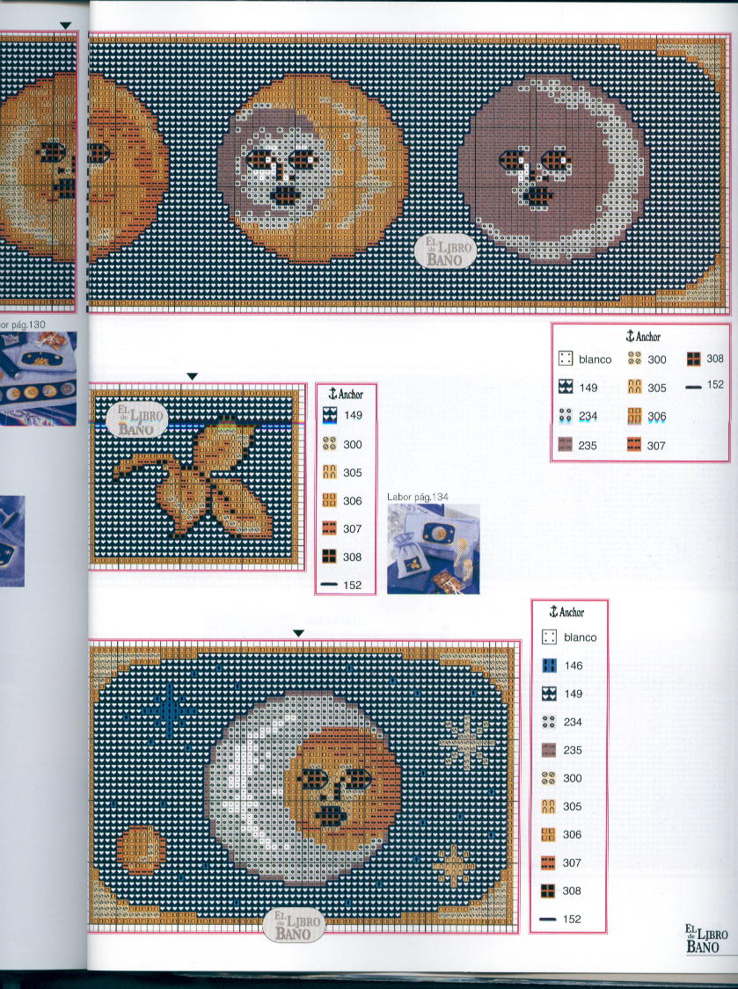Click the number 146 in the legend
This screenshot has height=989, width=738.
click(x=574, y=665)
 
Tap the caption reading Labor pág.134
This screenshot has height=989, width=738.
click(x=418, y=497)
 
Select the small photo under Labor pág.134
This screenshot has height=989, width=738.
click(x=433, y=549)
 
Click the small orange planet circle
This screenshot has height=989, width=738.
click(x=141, y=850)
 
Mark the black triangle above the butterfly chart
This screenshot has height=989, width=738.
click(x=192, y=377)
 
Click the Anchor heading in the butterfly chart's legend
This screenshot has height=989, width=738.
click(x=346, y=395)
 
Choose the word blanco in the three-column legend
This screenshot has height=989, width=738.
click(x=595, y=360)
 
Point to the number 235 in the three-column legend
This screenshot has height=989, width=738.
click(x=588, y=446)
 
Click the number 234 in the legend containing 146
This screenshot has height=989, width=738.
click(x=574, y=722)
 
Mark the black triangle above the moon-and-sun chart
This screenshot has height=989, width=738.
click(x=298, y=634)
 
